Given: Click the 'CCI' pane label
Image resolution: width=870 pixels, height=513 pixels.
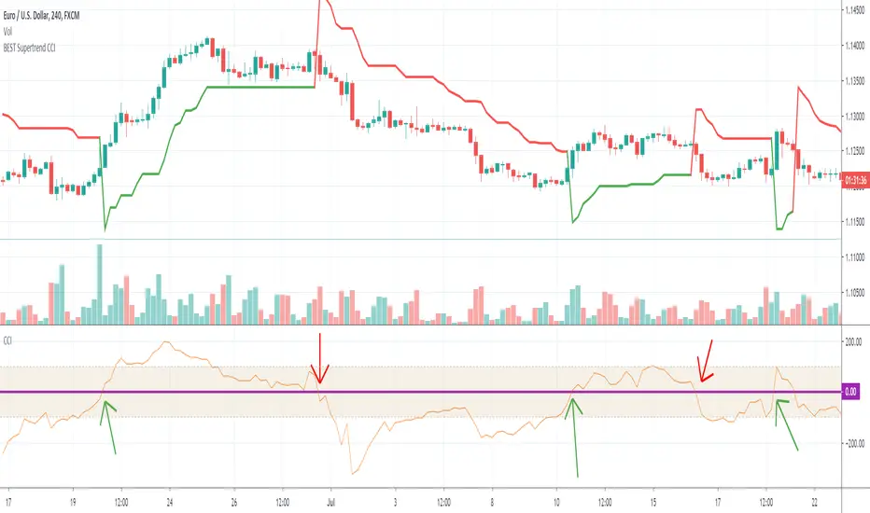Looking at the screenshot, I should point(10,341).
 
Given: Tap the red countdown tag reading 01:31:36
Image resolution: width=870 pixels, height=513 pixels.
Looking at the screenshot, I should point(853,180).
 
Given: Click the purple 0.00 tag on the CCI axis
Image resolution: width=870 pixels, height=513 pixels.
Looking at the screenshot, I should point(849,392).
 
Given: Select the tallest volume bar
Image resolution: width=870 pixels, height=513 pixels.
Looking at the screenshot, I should point(99,284).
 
